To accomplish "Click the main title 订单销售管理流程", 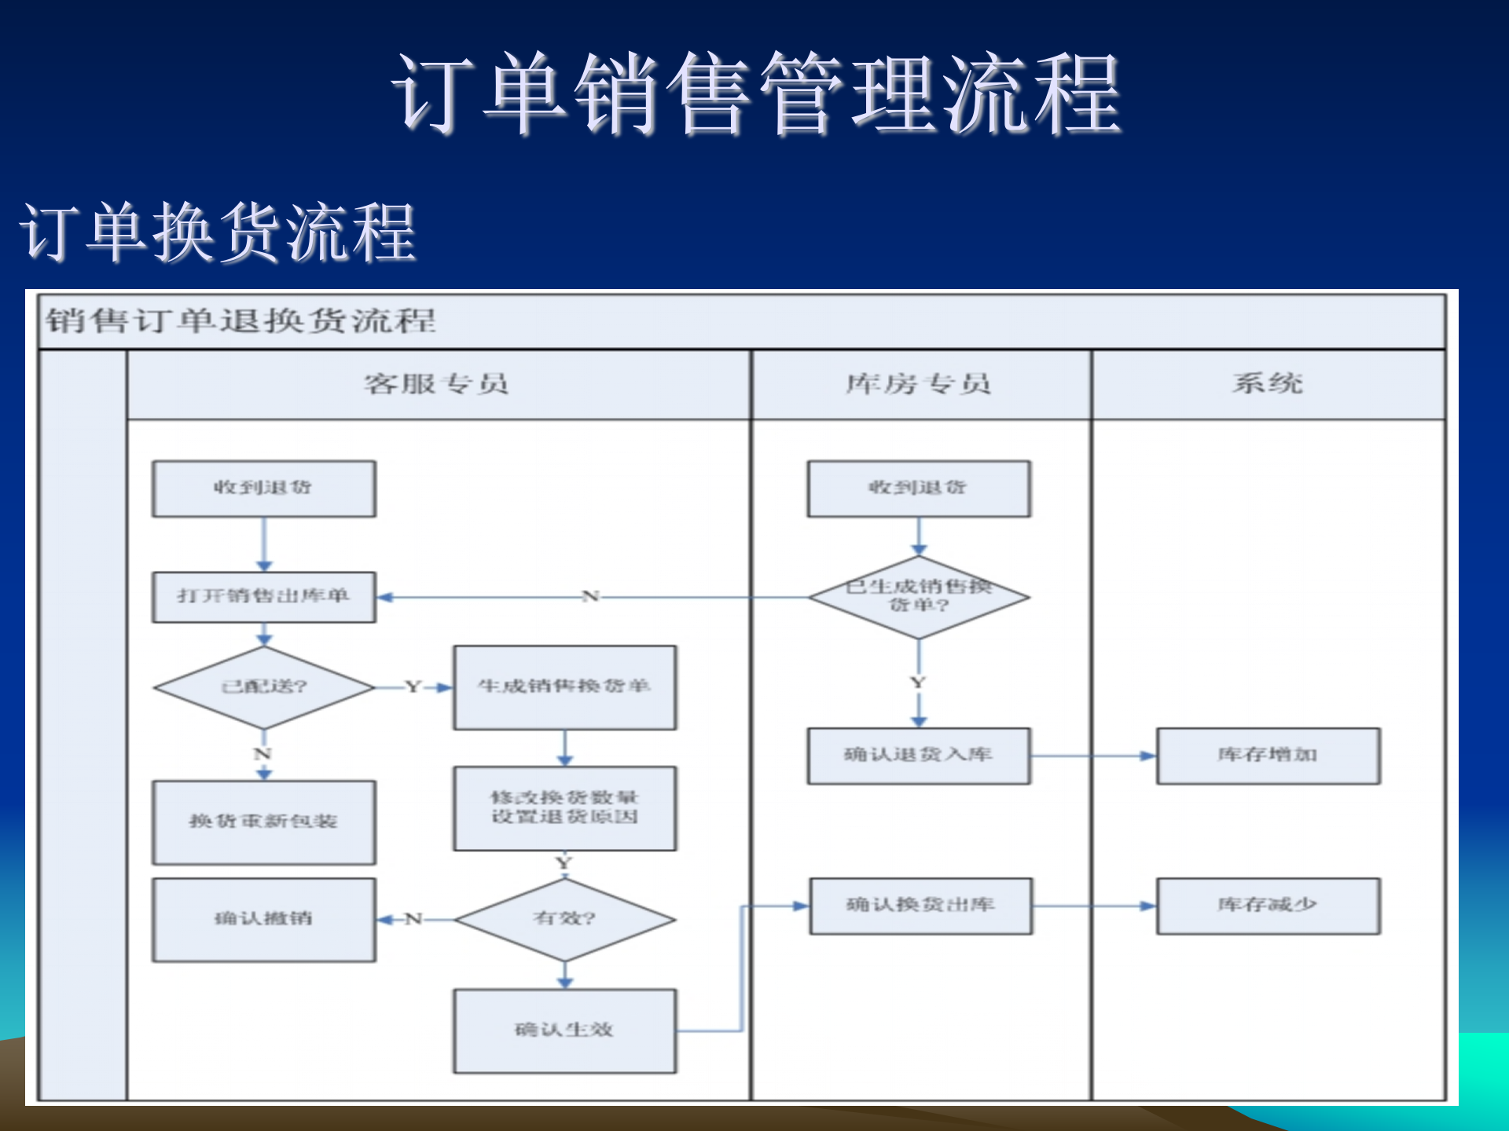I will [x=756, y=94].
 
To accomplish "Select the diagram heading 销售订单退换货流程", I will [x=240, y=320].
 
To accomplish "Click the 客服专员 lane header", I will [x=437, y=384].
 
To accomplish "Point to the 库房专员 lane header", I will [x=919, y=384].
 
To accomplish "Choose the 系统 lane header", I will [x=1267, y=384].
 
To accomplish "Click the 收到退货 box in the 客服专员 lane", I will [x=264, y=489].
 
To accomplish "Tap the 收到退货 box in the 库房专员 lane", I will [x=918, y=489].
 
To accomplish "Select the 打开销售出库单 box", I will [x=264, y=597].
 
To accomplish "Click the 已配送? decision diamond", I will [x=264, y=687].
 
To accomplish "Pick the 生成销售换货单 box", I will [x=564, y=687].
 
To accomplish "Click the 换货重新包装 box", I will [x=264, y=822].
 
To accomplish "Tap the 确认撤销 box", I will [x=264, y=919].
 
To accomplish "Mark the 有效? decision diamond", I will [x=564, y=919].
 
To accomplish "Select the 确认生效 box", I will [x=564, y=1030].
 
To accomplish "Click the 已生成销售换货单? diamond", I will [x=918, y=597].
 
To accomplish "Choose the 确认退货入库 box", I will [x=918, y=756].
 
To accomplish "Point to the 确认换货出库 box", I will [x=920, y=906].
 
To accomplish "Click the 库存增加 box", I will [x=1267, y=756].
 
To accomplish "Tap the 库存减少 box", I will [x=1267, y=906].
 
